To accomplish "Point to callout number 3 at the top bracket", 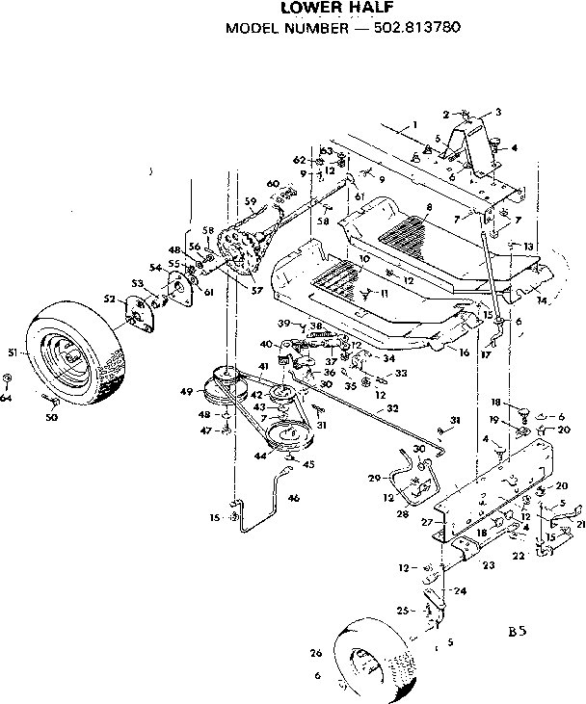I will pyautogui.click(x=498, y=113).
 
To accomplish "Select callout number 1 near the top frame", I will pyautogui.click(x=413, y=124).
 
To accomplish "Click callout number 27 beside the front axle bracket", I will pyautogui.click(x=427, y=522).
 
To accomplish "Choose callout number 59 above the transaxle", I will pyautogui.click(x=250, y=202).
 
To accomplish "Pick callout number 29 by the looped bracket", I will pyautogui.click(x=376, y=478).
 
